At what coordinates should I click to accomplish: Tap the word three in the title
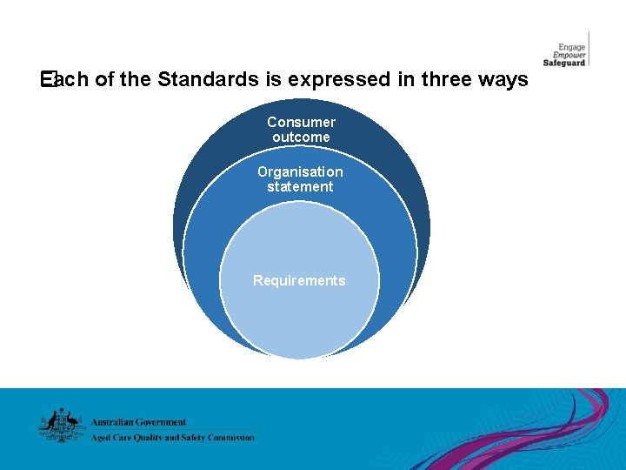pos(446,80)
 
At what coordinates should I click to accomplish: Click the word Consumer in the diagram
pos(301,123)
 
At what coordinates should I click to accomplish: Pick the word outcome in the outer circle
pos(301,138)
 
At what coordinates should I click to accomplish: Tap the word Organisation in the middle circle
pos(300,172)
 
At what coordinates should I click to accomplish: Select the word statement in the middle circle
pos(300,187)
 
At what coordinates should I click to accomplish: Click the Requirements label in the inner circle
pos(299,281)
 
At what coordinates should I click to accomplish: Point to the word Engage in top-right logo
pos(572,47)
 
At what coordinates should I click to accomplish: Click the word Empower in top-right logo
pos(570,55)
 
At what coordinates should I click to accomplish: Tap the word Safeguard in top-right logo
pos(565,63)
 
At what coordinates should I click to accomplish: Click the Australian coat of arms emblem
pos(60,426)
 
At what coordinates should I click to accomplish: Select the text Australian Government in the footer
pos(139,422)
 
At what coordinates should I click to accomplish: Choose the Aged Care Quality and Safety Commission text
pos(173,438)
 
